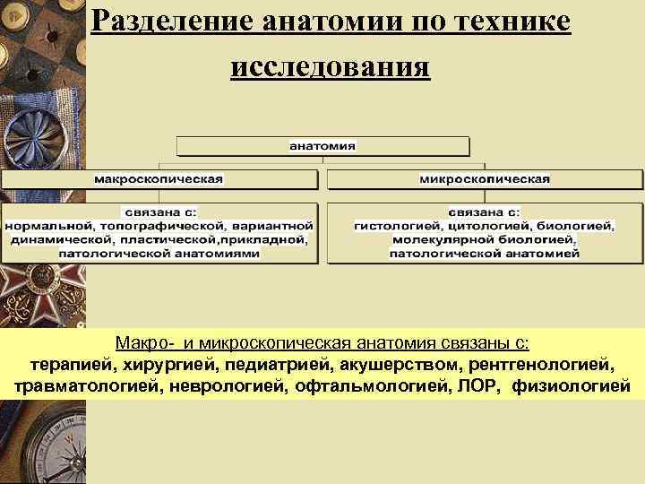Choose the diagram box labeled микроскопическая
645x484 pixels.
[x=484, y=179]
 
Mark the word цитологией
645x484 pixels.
[x=481, y=226]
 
